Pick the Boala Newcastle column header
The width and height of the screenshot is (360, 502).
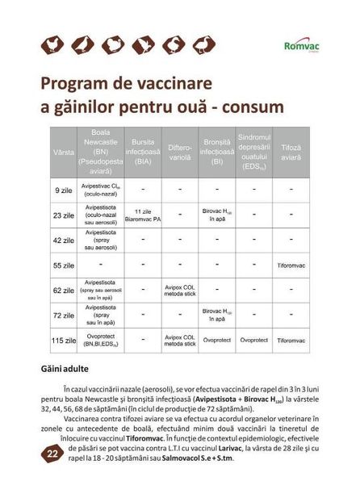tap(101, 151)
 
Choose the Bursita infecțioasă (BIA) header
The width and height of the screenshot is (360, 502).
tap(143, 151)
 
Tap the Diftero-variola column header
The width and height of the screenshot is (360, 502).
tap(180, 151)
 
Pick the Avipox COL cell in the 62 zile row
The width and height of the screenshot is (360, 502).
tap(180, 290)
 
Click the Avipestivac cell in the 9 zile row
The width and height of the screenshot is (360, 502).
tap(101, 190)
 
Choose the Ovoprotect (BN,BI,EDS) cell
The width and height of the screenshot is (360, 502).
tap(101, 341)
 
